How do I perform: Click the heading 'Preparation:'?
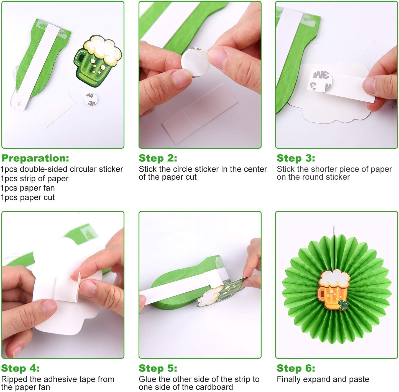(35, 158)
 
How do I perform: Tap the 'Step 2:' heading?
(158, 158)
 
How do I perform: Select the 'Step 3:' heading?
(296, 158)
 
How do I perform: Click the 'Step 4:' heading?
(20, 368)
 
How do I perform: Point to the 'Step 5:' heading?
(158, 368)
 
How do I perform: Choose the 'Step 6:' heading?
(296, 368)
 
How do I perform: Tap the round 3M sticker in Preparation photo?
(91, 99)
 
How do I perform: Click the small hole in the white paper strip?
(20, 104)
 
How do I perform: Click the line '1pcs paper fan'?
(27, 188)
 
